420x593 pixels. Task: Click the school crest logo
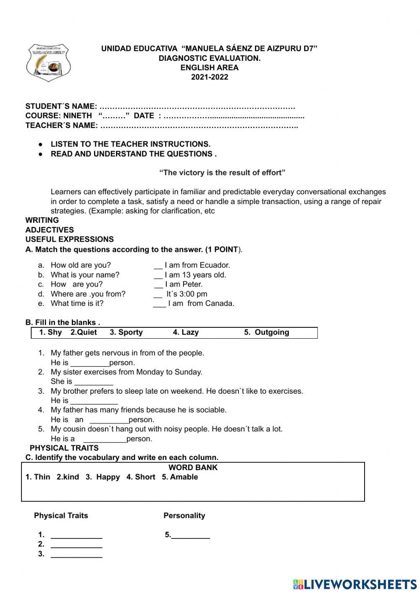48,62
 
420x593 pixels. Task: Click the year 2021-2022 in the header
210,77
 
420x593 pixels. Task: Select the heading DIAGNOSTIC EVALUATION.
210,58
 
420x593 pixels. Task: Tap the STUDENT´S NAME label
61,106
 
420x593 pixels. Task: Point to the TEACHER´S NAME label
62,125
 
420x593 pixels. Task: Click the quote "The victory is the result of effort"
222,172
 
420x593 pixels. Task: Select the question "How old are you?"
81,265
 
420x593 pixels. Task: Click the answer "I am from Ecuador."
197,265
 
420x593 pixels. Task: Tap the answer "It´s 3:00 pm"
186,294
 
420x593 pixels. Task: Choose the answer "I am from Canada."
201,303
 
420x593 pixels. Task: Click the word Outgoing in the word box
272,332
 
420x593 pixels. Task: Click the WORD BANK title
193,468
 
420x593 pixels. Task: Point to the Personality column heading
184,516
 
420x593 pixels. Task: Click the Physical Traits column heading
61,516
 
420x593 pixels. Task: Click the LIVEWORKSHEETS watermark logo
355,584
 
